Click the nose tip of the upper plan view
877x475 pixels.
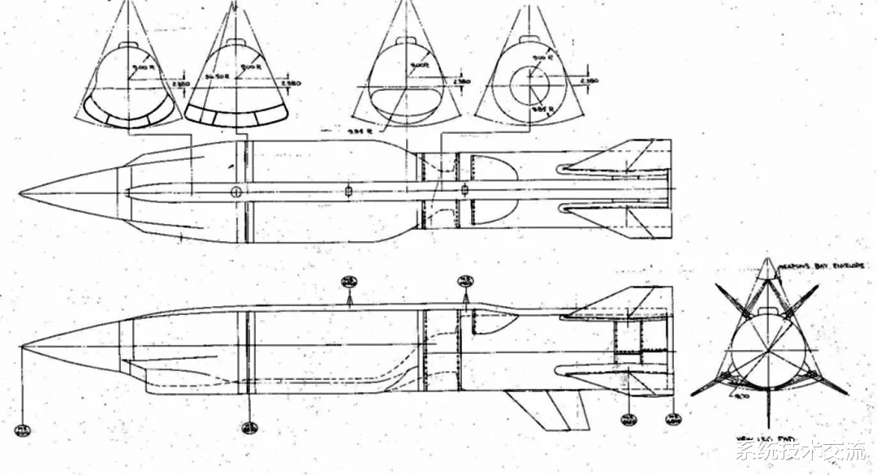pyautogui.click(x=19, y=194)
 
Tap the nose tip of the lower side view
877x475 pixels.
pyautogui.click(x=22, y=348)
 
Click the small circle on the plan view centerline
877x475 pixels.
pyautogui.click(x=236, y=192)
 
